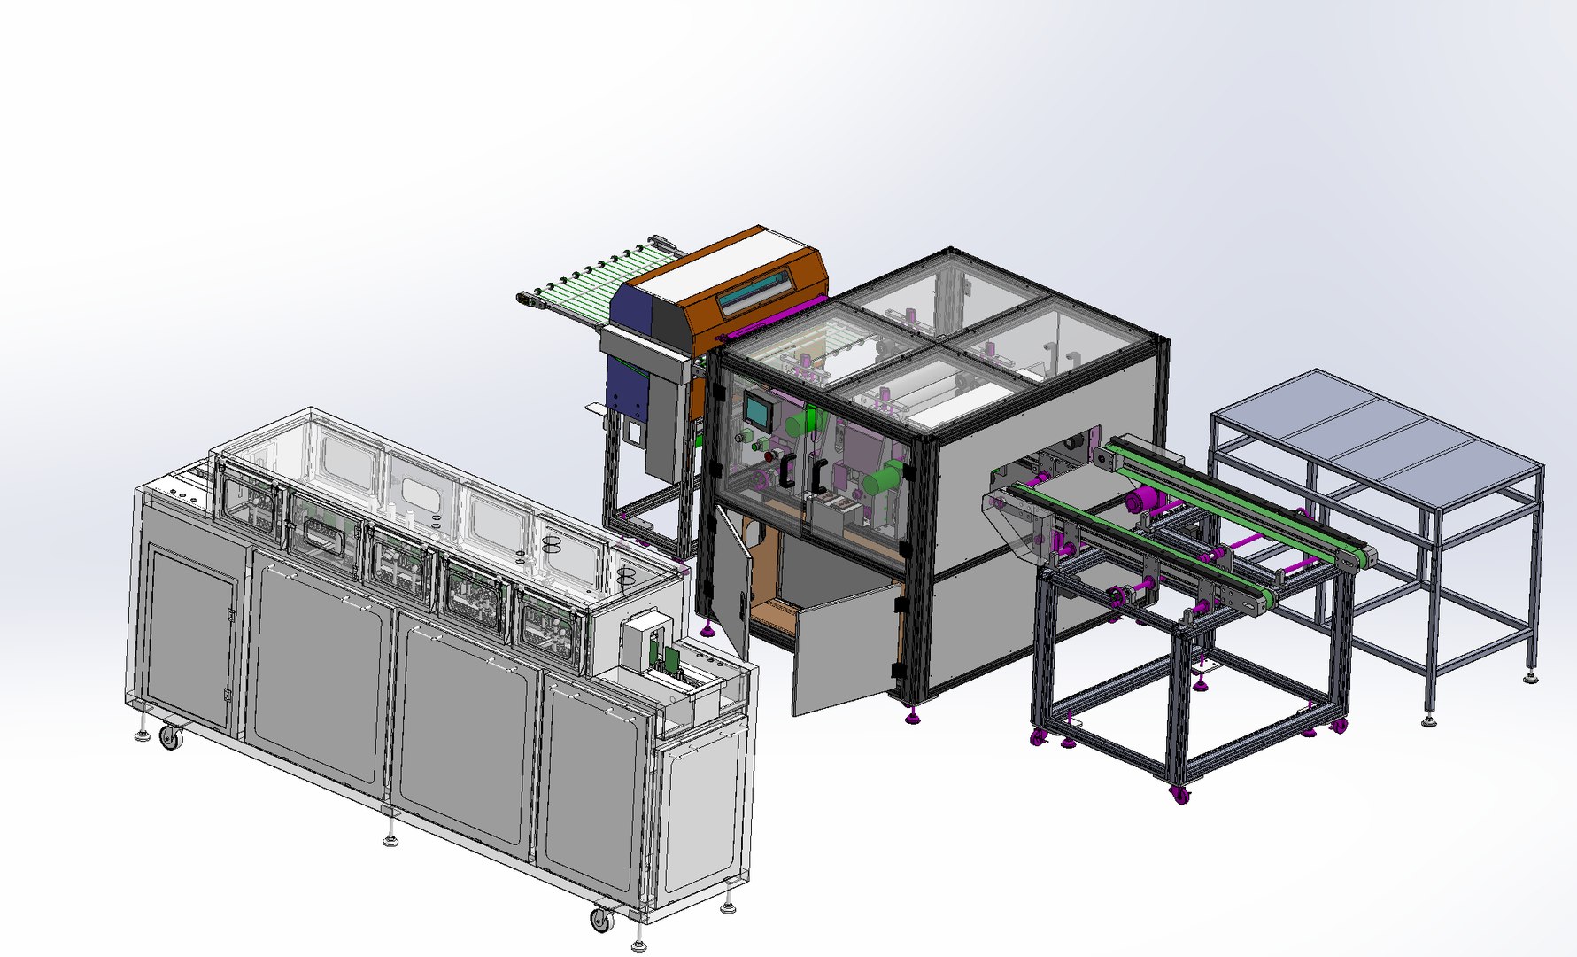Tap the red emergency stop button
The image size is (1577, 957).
tap(769, 456)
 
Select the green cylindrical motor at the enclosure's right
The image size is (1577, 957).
tap(883, 479)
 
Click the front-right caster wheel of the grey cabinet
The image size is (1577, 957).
tap(601, 920)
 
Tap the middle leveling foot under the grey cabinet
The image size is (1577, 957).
tap(390, 840)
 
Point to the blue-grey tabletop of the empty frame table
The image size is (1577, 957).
tap(1381, 434)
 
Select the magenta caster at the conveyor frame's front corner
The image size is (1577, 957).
tap(1179, 794)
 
